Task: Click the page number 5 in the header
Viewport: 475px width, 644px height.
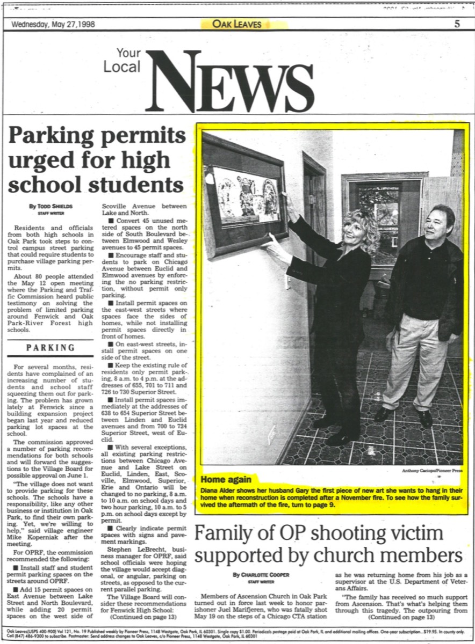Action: [x=457, y=24]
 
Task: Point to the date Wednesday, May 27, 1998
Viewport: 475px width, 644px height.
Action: [x=49, y=24]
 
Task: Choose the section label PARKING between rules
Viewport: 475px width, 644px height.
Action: [x=51, y=348]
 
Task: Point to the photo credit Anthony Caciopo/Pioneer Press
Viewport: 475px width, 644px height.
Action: [x=431, y=471]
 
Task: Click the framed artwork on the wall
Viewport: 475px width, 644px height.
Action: [x=244, y=196]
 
